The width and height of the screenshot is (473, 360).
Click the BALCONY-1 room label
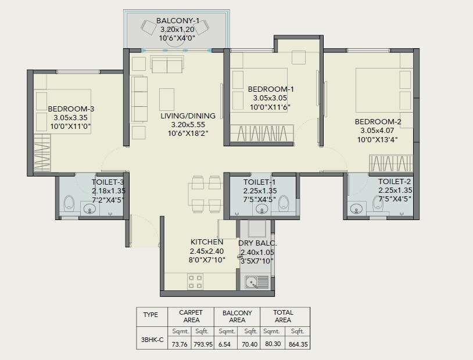click(178, 21)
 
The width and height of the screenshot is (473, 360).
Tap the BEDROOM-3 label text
click(71, 109)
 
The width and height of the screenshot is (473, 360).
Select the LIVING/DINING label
click(188, 116)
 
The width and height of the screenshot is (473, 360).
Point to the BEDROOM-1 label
click(271, 89)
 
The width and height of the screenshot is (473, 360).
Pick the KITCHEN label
click(206, 242)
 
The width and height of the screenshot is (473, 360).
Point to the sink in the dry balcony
click(253, 283)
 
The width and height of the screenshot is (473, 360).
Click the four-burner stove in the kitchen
click(195, 282)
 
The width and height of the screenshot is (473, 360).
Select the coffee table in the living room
click(167, 99)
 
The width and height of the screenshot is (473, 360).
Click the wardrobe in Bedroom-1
click(261, 134)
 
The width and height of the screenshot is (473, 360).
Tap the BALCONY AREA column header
click(237, 316)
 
